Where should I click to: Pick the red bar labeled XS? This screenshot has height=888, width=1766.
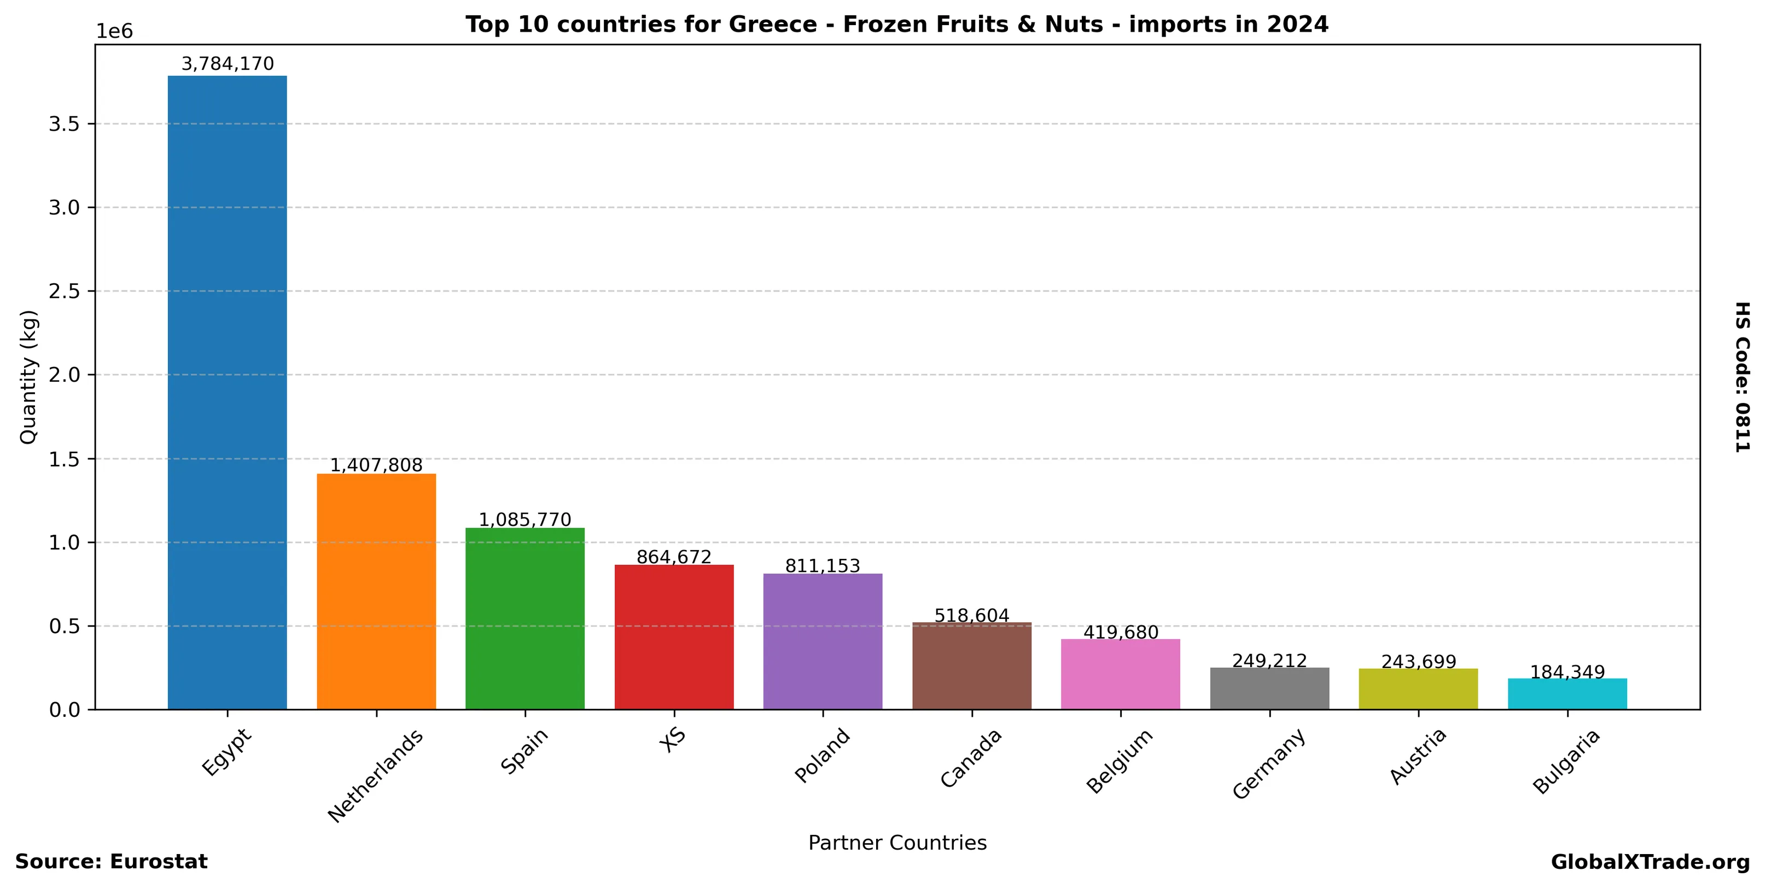click(673, 636)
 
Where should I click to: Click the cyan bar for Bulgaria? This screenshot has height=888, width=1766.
click(1567, 693)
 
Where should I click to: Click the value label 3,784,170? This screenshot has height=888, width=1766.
click(227, 65)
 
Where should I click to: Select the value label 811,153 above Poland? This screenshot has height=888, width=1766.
click(822, 566)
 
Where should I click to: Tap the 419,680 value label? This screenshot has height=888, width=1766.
click(1120, 633)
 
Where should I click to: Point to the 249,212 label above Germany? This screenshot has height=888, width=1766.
click(1269, 661)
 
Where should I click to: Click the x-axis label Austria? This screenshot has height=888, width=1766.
click(1418, 756)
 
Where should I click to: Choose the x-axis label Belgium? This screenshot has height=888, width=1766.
click(1120, 761)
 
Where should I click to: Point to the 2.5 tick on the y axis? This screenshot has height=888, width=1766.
click(64, 291)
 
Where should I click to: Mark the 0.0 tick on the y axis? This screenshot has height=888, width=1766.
click(64, 710)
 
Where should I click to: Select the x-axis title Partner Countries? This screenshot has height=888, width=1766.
click(897, 843)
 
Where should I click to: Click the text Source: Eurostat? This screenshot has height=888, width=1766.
click(111, 861)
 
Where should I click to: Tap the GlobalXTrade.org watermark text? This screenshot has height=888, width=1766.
click(1650, 862)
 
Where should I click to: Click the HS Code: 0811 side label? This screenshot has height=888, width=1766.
click(1742, 377)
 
